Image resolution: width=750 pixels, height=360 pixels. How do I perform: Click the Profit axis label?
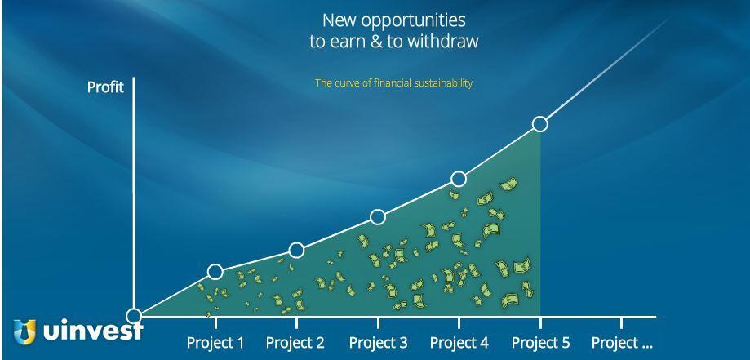coord(105,87)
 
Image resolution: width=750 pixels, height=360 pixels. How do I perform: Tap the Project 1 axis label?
coord(215,343)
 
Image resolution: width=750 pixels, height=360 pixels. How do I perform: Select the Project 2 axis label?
coord(295,343)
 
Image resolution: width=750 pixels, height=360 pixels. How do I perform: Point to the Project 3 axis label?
coord(379,343)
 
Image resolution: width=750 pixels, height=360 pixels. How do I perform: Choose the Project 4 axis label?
coord(459,343)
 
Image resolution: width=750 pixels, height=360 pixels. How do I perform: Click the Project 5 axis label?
coord(541,343)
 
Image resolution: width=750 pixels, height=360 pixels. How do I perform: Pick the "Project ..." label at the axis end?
coord(622,343)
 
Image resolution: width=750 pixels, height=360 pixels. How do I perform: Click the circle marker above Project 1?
coord(215,272)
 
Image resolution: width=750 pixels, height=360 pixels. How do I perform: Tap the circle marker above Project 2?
coord(296,251)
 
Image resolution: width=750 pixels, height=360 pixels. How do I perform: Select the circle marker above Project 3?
coord(378,217)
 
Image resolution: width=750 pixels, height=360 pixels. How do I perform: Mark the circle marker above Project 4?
coord(459,179)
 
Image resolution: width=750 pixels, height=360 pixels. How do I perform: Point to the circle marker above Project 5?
coord(540,124)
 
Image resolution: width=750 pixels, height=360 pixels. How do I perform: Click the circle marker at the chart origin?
coord(134,316)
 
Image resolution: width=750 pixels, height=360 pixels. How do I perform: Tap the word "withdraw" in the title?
coord(442,41)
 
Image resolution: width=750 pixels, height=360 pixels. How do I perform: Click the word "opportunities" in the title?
coord(413,21)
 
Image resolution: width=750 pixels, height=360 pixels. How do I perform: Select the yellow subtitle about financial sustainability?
coord(393,83)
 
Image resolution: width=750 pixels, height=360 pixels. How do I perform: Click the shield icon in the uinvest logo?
coord(24,331)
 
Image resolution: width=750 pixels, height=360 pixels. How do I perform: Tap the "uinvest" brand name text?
coord(93,330)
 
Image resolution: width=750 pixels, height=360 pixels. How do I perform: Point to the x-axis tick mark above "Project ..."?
coord(621,322)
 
